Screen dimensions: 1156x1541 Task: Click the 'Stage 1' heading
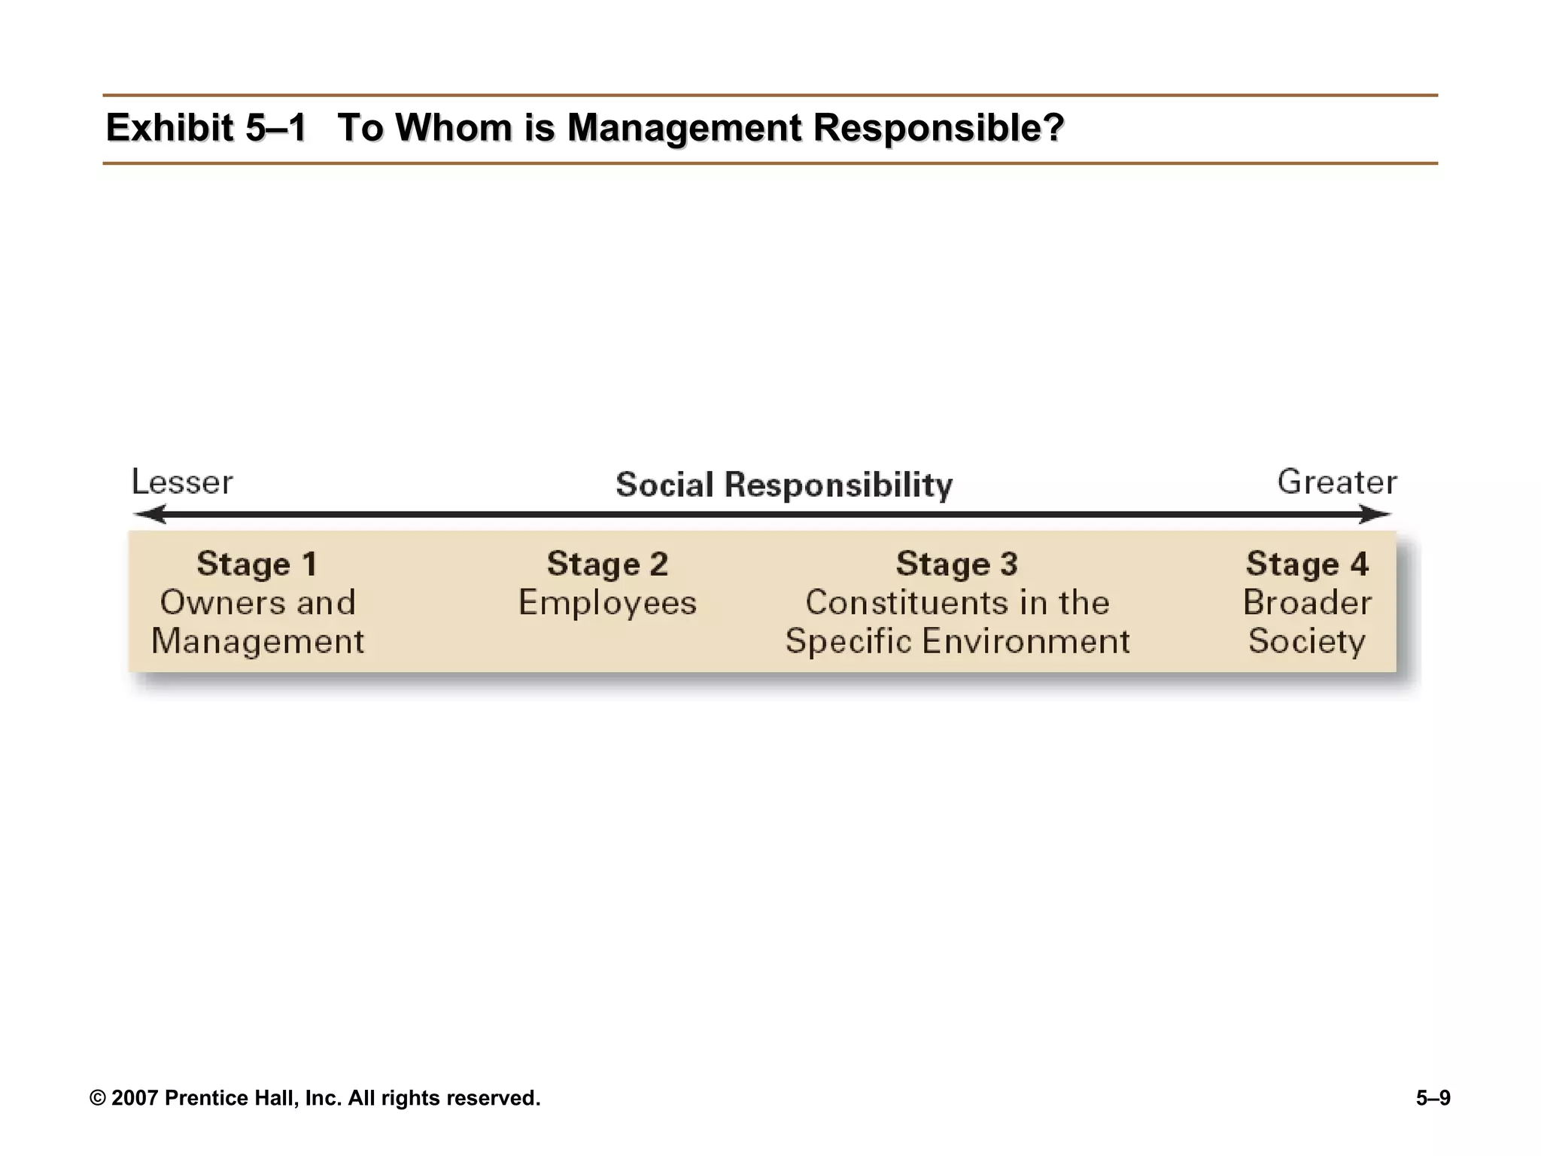coord(257,564)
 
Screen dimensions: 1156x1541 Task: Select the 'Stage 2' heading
coord(607,564)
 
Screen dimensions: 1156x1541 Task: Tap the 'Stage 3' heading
coord(956,564)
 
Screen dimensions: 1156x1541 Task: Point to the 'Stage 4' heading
coord(1307,564)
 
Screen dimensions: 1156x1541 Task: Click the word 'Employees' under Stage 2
coord(607,603)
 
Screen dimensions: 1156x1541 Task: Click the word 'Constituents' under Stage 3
coord(901,603)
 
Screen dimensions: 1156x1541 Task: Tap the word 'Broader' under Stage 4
coord(1307,603)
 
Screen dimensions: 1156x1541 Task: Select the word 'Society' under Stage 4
coord(1307,642)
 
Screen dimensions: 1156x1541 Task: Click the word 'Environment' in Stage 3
coord(1026,642)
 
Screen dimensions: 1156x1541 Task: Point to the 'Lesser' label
coord(182,482)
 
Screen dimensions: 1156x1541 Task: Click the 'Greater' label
coord(1337,482)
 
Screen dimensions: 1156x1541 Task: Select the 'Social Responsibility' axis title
coord(784,485)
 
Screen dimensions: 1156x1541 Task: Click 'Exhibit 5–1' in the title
coord(206,127)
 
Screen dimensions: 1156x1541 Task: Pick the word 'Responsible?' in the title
coord(938,127)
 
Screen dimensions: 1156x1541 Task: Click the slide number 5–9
coord(1433,1098)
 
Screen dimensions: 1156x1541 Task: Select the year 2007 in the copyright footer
coord(135,1098)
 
